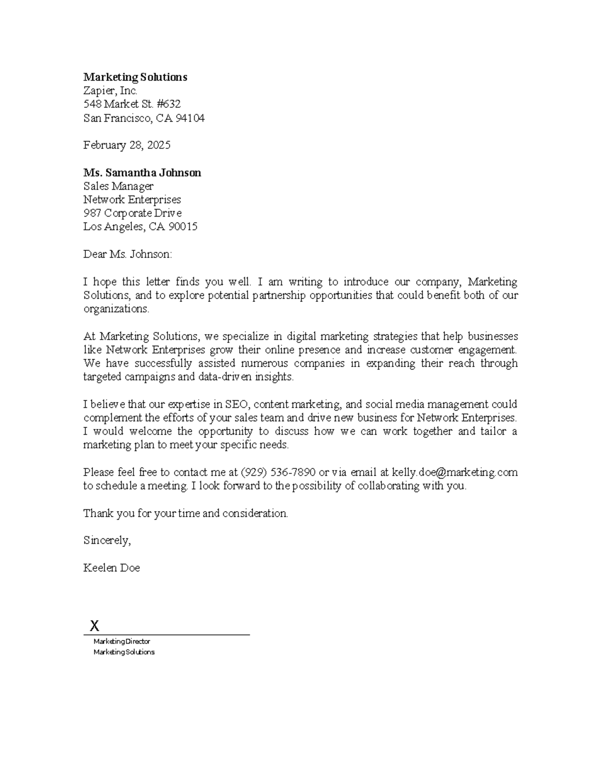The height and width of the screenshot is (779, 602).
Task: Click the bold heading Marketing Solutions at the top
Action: (x=135, y=77)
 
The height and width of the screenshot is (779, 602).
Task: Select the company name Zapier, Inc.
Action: (x=110, y=91)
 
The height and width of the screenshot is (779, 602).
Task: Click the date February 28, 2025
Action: (x=126, y=145)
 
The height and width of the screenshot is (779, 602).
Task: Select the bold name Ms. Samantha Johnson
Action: (x=142, y=173)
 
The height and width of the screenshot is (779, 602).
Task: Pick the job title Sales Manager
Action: (x=118, y=187)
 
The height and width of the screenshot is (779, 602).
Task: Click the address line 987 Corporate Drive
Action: (x=132, y=213)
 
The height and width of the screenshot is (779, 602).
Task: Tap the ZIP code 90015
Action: (x=183, y=227)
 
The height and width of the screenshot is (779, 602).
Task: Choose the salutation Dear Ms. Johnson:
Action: (x=127, y=254)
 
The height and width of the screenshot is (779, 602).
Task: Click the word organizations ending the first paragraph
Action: (x=116, y=309)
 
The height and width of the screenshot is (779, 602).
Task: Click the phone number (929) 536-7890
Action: (x=278, y=473)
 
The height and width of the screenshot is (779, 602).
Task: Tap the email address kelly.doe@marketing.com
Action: (x=455, y=473)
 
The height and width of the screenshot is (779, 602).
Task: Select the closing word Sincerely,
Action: (x=107, y=541)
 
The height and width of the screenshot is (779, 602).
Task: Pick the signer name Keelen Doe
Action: (x=111, y=568)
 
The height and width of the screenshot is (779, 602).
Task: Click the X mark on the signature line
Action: (x=94, y=626)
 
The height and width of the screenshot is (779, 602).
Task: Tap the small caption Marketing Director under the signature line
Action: (x=121, y=642)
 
